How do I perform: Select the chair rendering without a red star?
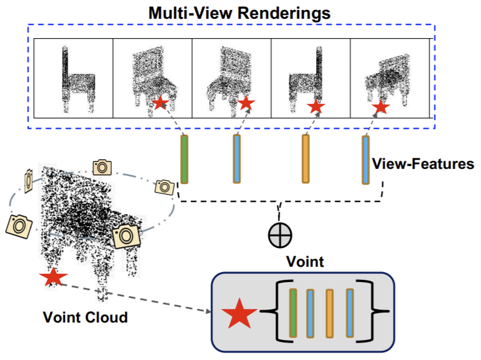coord(73,79)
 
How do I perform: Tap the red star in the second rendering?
coord(160,103)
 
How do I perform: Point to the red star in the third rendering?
coord(246,103)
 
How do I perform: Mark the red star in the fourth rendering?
coord(316,106)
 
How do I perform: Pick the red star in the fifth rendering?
coord(381,107)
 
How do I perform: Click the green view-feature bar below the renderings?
coord(184,159)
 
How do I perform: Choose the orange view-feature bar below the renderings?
coord(306,159)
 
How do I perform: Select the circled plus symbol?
coord(280,235)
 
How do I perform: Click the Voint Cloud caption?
coord(85,318)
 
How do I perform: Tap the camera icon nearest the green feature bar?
coord(164,187)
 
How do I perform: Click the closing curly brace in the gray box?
coord(382,313)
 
